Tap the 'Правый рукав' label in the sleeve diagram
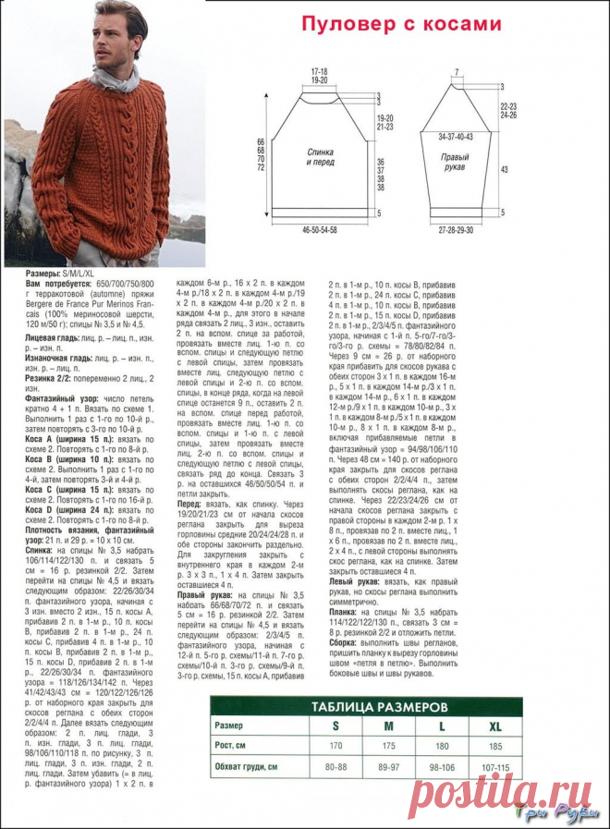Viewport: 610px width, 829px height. (x=453, y=152)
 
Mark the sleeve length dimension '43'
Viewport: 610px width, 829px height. (x=505, y=170)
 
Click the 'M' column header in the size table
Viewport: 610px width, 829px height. (x=387, y=725)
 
